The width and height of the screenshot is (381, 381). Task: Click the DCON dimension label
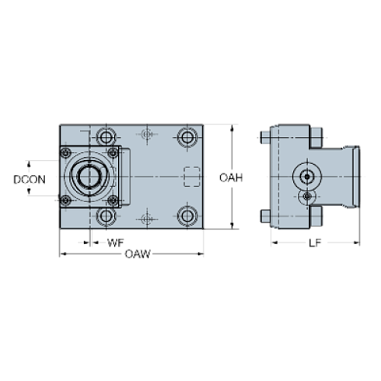(30, 179)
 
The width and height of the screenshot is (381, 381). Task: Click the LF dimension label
(314, 243)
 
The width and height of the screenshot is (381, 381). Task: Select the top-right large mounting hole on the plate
(186, 137)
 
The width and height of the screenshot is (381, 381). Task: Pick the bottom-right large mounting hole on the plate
(186, 215)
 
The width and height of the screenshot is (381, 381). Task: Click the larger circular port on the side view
(303, 176)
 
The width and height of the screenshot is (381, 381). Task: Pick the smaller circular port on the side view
(309, 197)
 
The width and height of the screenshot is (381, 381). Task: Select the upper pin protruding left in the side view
(265, 139)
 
